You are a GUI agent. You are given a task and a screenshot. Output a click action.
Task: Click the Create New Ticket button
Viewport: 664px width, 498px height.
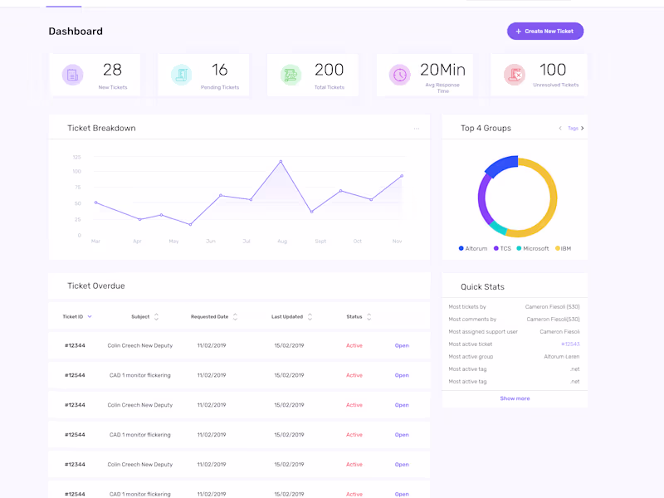(545, 32)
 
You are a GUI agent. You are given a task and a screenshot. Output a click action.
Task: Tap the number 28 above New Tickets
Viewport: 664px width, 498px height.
(112, 71)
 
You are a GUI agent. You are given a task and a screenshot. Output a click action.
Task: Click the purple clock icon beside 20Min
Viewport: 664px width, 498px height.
(400, 75)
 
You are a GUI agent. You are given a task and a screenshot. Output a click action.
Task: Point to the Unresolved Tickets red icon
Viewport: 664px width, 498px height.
(515, 75)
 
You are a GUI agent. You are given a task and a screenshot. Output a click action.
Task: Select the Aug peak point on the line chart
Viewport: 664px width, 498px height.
(281, 161)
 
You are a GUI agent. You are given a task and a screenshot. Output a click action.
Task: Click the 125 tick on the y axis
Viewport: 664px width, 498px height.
(77, 157)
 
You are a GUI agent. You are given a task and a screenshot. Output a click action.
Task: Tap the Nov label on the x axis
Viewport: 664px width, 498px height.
(397, 242)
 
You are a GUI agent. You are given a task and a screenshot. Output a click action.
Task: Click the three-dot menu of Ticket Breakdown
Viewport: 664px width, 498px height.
(417, 129)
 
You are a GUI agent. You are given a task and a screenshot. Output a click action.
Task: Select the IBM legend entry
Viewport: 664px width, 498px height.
(564, 249)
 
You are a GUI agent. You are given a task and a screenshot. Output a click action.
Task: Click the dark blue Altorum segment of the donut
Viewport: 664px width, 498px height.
(500, 167)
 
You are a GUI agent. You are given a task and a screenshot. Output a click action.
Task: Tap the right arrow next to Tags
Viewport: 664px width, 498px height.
(583, 129)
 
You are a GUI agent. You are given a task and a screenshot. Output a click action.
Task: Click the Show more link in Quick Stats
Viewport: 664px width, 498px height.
(515, 398)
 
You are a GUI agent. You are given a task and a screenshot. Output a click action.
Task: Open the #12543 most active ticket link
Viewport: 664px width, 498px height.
(570, 344)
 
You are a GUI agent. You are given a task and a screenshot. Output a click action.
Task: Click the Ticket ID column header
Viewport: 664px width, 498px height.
(72, 316)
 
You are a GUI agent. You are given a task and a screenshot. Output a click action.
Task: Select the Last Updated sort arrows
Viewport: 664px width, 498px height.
(310, 316)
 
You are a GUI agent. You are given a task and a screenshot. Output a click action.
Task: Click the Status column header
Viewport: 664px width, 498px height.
(354, 316)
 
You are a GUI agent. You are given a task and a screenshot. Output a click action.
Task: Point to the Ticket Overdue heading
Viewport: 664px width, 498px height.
(96, 286)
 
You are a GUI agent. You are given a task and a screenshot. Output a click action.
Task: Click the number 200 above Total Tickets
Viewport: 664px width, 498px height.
(329, 71)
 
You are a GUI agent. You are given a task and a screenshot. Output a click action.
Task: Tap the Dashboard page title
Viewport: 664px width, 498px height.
(76, 32)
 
